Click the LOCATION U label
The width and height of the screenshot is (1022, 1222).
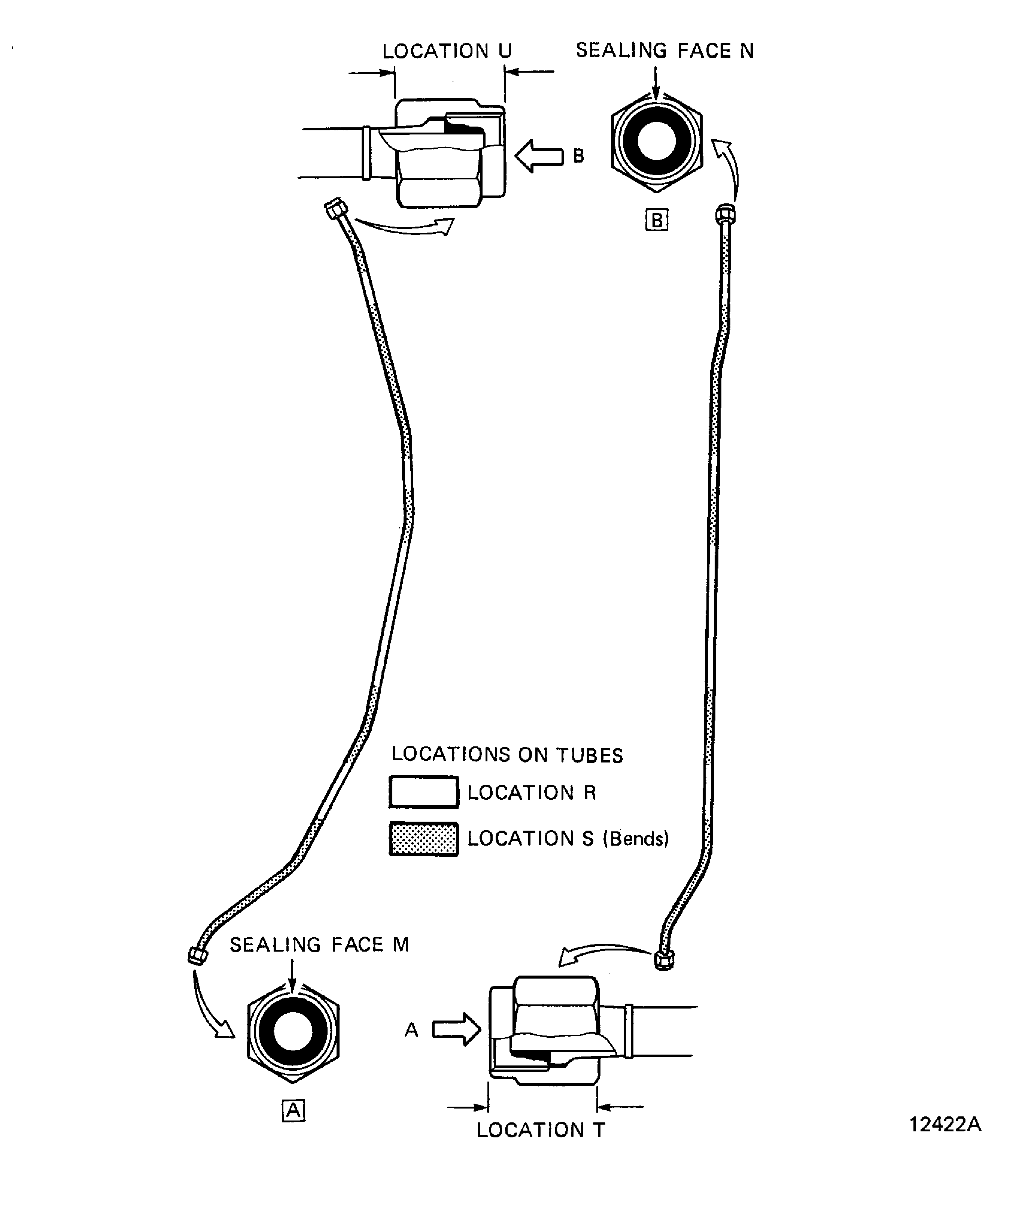click(447, 51)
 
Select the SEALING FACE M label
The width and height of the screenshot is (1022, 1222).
click(319, 944)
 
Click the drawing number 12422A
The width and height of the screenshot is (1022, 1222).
click(945, 1124)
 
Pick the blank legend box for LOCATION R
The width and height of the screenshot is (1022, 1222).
click(423, 792)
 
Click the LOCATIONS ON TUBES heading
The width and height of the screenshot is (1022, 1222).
click(507, 754)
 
